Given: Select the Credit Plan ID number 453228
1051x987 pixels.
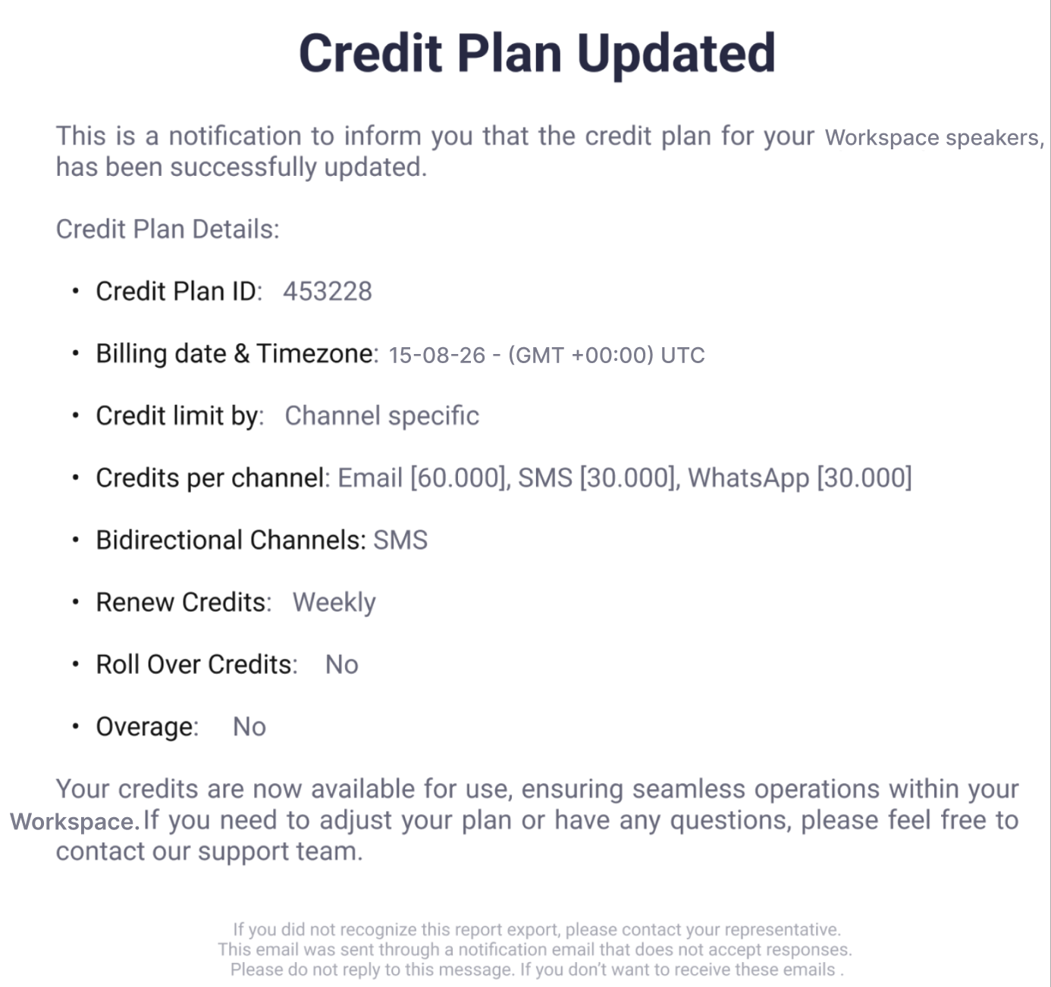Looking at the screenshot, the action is pos(328,291).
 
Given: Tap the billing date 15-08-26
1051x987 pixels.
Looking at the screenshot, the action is pos(437,355).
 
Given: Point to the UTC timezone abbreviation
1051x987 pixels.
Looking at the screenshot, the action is pos(682,355).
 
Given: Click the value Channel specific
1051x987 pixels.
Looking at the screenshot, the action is pos(382,416).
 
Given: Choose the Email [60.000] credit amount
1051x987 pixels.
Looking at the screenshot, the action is pos(422,478).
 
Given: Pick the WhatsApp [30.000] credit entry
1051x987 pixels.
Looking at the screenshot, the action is pos(800,478).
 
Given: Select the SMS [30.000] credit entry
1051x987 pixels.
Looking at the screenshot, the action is pos(597,478).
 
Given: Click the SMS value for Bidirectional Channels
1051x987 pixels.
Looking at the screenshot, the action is pos(400,540).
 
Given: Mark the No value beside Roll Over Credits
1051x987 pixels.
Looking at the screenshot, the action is pos(342,665).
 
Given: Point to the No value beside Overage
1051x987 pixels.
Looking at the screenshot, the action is pos(249,727).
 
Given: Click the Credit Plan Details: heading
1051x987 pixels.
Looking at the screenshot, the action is pos(168,230).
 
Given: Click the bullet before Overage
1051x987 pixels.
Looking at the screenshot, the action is pos(76,727).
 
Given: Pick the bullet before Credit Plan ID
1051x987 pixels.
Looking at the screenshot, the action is pos(76,291).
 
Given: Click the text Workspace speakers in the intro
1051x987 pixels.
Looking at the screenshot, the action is pos(934,138).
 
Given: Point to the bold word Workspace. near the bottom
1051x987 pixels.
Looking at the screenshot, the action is pos(74,822).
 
